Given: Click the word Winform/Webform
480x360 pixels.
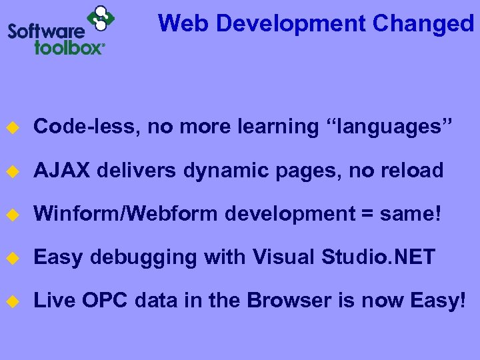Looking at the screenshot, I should pos(126,214).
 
